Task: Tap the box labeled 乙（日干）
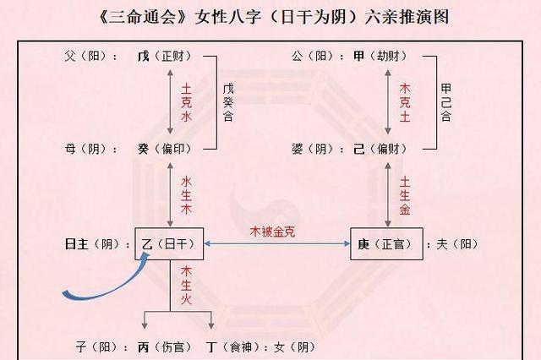[x=172, y=244]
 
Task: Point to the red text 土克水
[x=187, y=102]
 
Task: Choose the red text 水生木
[x=187, y=197]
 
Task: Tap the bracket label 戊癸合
[x=228, y=102]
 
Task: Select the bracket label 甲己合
[x=445, y=102]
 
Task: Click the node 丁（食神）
[x=233, y=346]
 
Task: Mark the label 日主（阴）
[x=91, y=244]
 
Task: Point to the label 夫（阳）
[x=456, y=244]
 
